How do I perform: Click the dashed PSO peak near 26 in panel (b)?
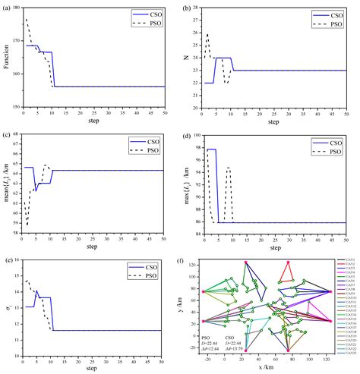[x=207, y=34]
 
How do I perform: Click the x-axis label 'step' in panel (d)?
[x=276, y=246]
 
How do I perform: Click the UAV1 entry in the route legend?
[x=349, y=260]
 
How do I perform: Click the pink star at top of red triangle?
[x=287, y=262]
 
